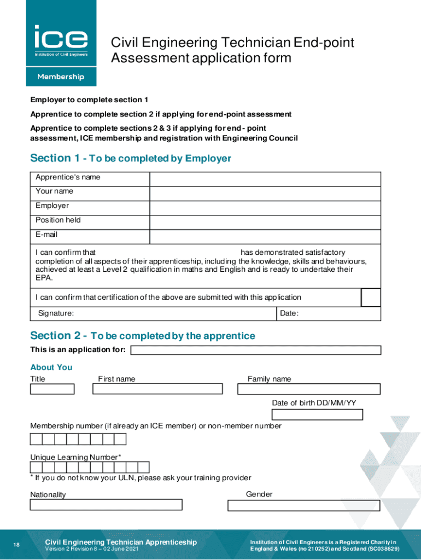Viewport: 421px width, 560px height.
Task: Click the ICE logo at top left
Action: tap(61, 39)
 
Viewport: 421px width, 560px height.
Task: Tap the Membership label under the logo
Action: tap(61, 77)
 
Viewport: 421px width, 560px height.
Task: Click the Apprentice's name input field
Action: tap(265, 179)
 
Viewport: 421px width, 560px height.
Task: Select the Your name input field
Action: tap(265, 194)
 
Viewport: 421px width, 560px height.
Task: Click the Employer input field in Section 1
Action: tap(265, 208)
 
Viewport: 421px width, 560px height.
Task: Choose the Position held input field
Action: tap(265, 222)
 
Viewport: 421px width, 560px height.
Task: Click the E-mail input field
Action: tap(265, 236)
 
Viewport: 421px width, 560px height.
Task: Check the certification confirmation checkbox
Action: tap(371, 297)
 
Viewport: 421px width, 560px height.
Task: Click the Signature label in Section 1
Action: tap(56, 313)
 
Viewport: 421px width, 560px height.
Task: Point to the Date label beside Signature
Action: tap(289, 313)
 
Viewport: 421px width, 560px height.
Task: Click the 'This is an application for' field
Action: tap(256, 350)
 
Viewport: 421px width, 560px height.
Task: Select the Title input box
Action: tap(52, 389)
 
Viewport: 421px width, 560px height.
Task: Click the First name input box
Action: tap(157, 389)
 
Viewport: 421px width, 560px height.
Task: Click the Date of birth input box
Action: tap(317, 414)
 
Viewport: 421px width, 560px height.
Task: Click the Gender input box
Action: tap(303, 505)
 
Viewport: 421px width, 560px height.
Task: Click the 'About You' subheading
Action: tap(51, 367)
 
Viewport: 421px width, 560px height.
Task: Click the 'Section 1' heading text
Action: tap(55, 159)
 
